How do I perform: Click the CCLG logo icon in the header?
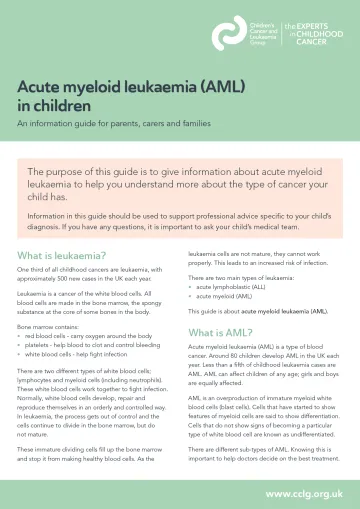pyautogui.click(x=228, y=35)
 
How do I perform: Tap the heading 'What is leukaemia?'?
pyautogui.click(x=62, y=227)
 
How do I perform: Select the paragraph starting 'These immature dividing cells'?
pyautogui.click(x=90, y=455)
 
